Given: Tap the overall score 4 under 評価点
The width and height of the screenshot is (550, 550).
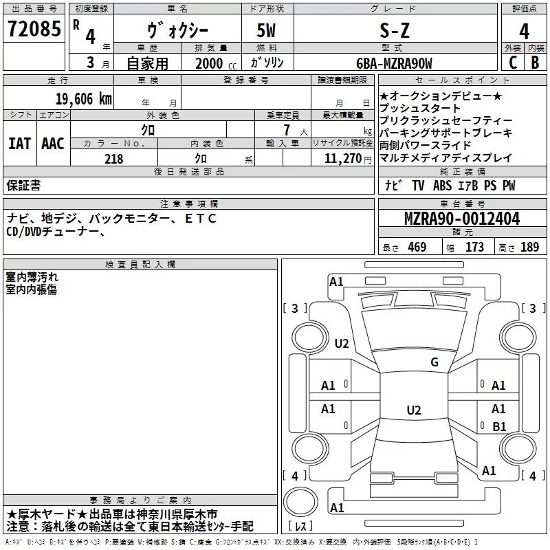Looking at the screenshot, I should click(x=525, y=32).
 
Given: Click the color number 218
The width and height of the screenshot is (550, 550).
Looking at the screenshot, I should click(x=113, y=159).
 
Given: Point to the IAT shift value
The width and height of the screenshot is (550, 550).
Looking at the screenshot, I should click(x=19, y=144).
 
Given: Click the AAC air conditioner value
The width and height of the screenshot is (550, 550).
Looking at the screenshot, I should click(x=52, y=144).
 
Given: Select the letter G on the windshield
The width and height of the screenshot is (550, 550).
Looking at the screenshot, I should click(x=434, y=362).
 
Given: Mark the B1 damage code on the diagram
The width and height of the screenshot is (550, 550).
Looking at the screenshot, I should click(x=499, y=426).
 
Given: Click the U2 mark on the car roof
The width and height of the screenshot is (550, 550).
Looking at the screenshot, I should click(x=413, y=410).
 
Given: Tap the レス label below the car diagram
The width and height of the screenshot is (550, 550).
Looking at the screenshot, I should click(x=300, y=527).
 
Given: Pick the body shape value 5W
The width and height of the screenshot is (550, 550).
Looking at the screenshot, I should click(x=267, y=31).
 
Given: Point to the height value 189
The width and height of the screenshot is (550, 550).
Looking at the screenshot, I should click(x=529, y=247).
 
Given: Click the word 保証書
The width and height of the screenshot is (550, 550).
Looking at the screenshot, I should click(x=23, y=185).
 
